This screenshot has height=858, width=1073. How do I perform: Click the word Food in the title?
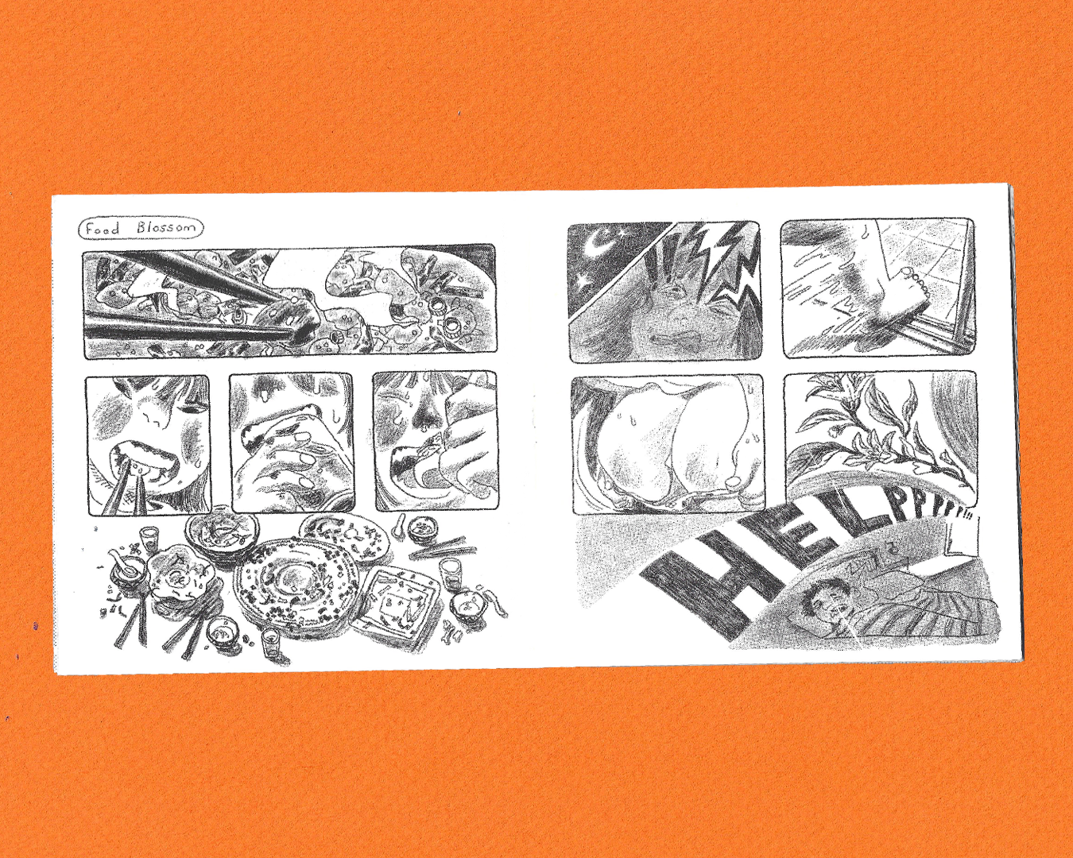pos(103,229)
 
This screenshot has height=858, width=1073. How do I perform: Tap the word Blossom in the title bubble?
pos(166,228)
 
